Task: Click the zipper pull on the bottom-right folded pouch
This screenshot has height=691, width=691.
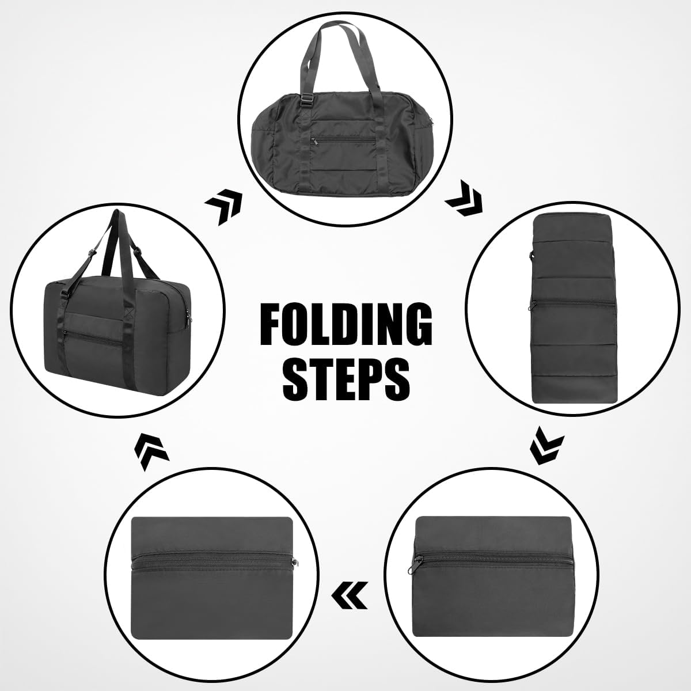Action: [417, 564]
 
